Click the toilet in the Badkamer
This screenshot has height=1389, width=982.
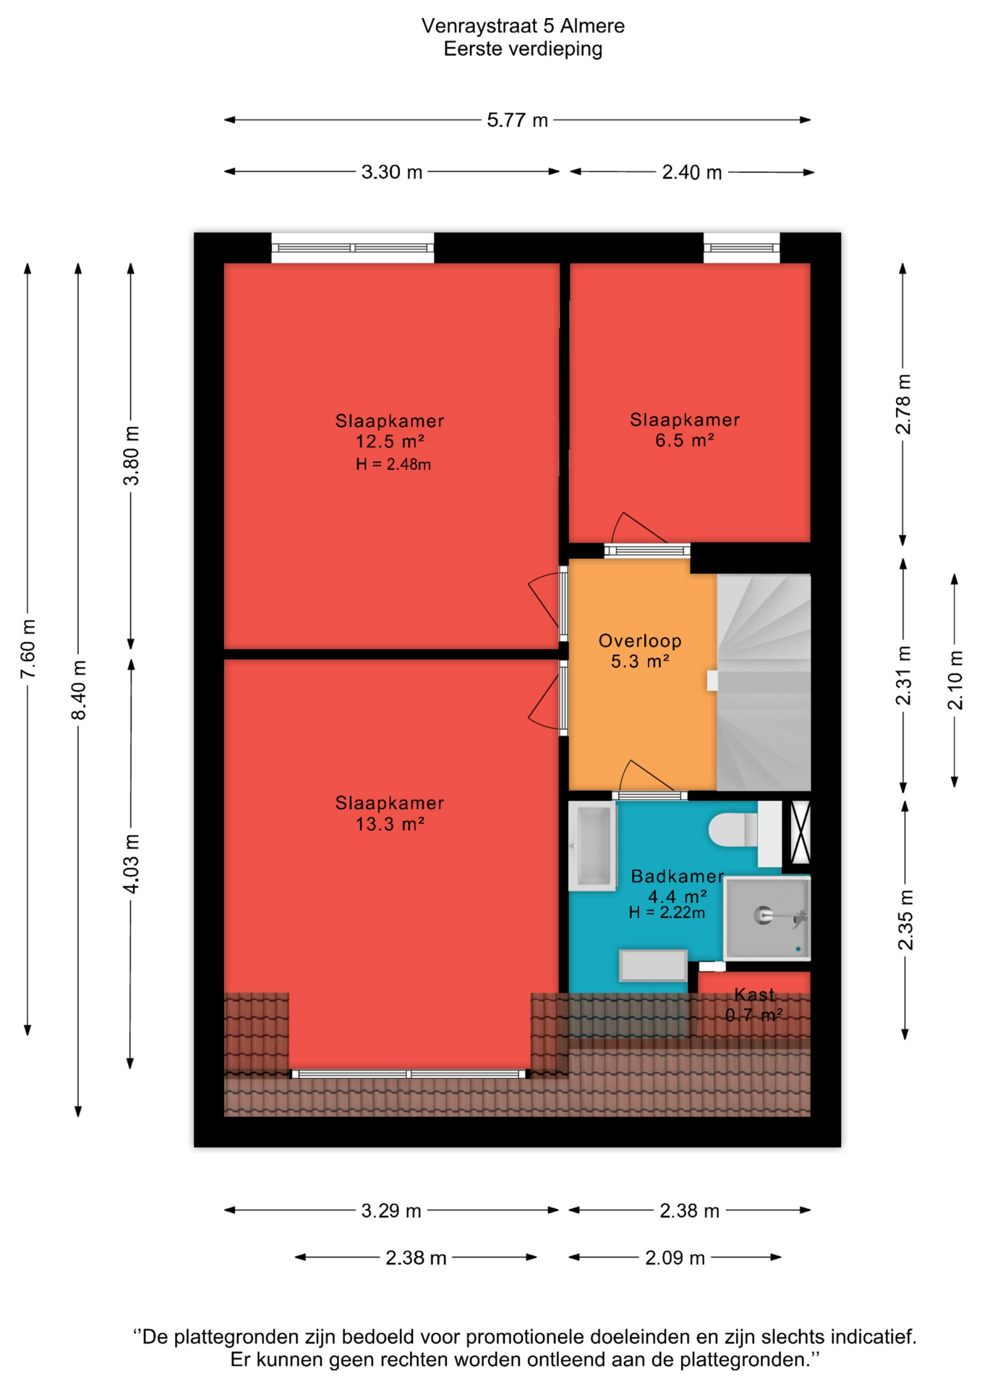point(733,830)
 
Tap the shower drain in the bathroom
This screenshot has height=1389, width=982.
point(763,915)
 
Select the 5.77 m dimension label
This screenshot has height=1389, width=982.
point(517,120)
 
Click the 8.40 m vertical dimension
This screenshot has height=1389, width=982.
point(79,690)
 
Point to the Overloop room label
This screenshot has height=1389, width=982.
point(640,641)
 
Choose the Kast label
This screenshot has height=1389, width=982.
point(754,994)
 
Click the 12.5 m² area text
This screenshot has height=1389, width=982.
point(390,441)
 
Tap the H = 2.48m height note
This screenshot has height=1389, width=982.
point(393,464)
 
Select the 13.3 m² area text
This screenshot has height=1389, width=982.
point(390,823)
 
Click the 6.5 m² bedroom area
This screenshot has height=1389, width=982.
point(685,440)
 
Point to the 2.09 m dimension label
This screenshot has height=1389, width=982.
point(675,1258)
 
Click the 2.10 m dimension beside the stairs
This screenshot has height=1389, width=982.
point(955,680)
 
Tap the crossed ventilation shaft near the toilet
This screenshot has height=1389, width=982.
point(800,833)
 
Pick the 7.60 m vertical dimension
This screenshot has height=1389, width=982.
point(28,649)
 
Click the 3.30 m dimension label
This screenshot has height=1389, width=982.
point(392,172)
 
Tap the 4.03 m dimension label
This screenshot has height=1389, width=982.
point(132,864)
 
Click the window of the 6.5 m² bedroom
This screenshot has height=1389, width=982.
point(742,248)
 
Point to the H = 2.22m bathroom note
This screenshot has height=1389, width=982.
point(667,912)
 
